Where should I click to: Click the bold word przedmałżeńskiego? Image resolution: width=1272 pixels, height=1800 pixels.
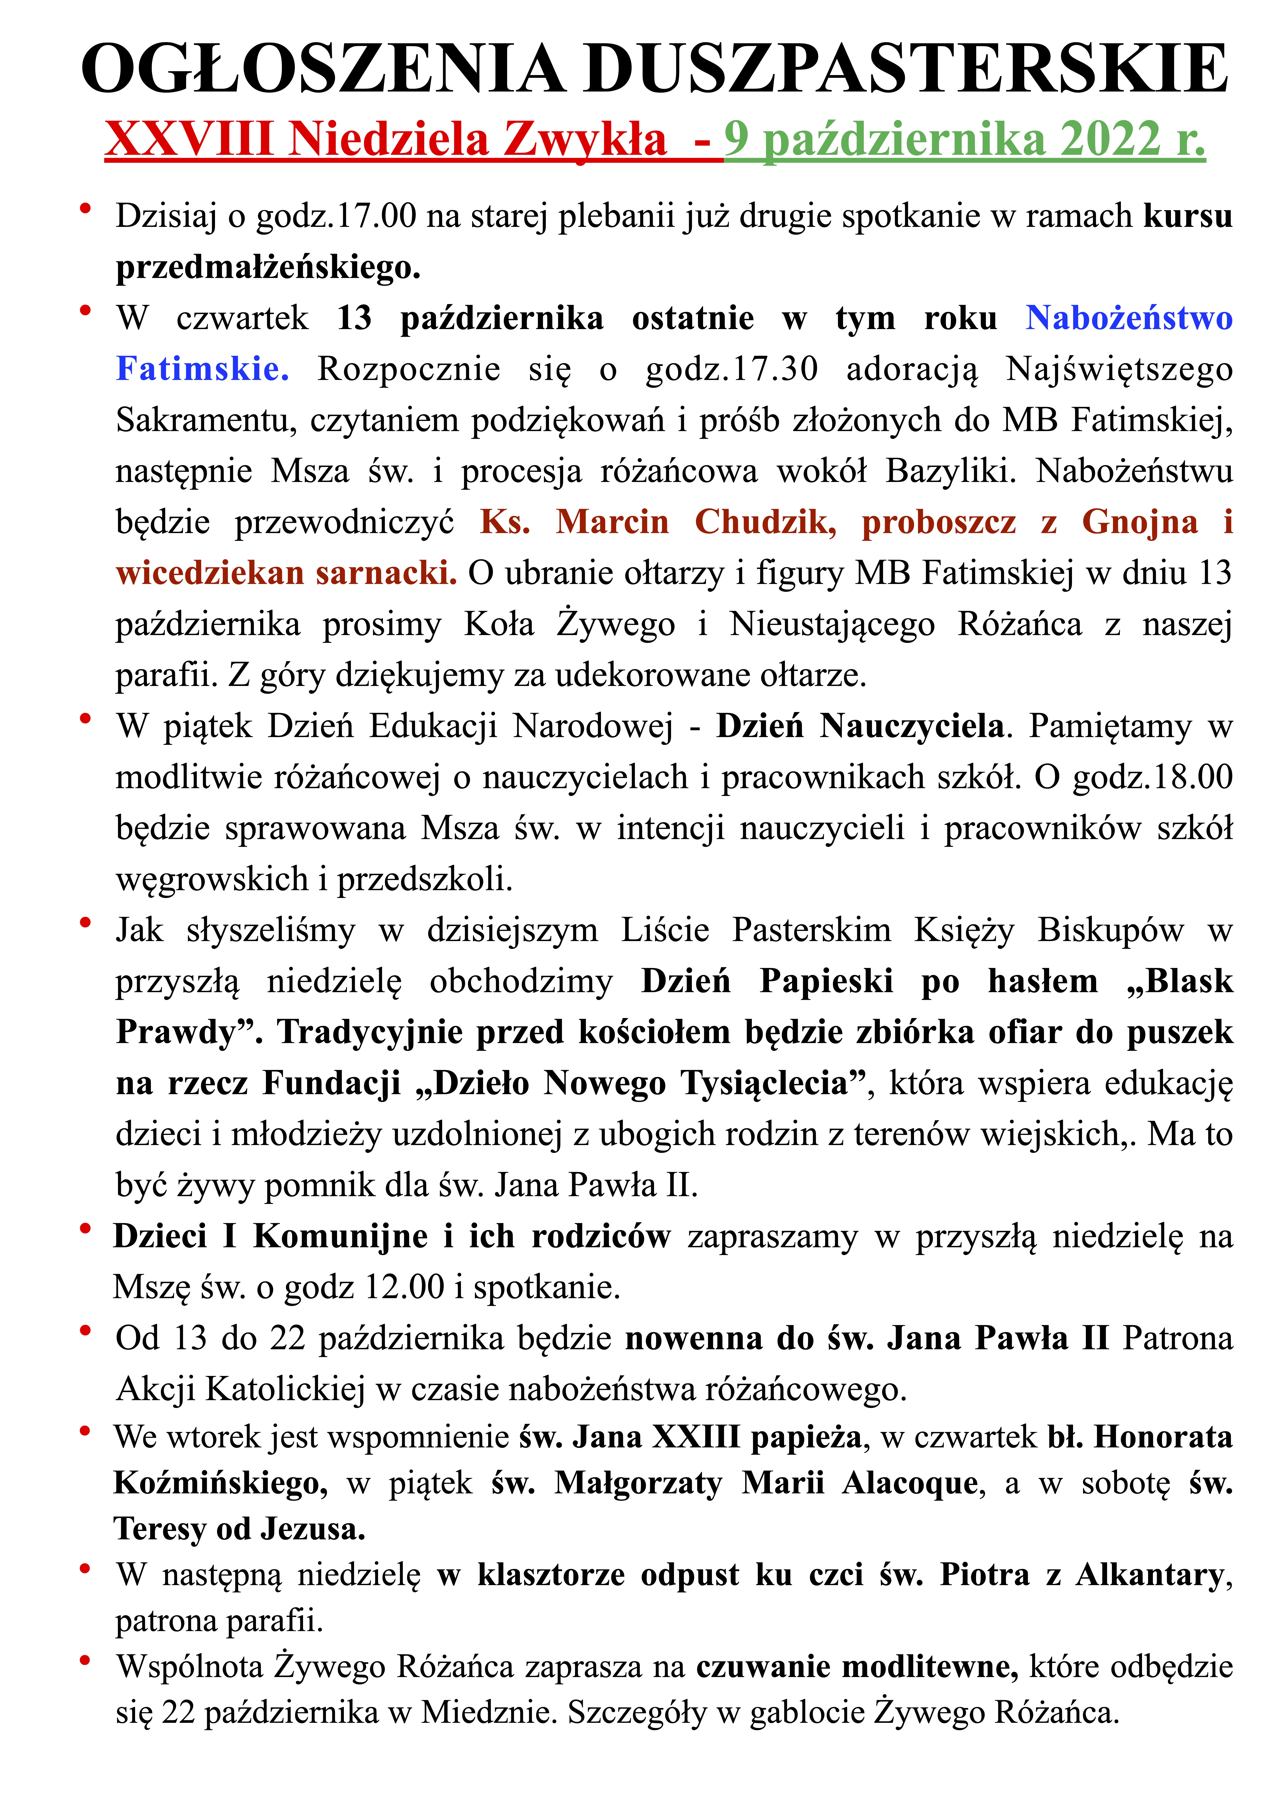pos(267,267)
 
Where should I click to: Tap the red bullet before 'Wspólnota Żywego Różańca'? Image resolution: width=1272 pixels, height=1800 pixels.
pos(85,1660)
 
